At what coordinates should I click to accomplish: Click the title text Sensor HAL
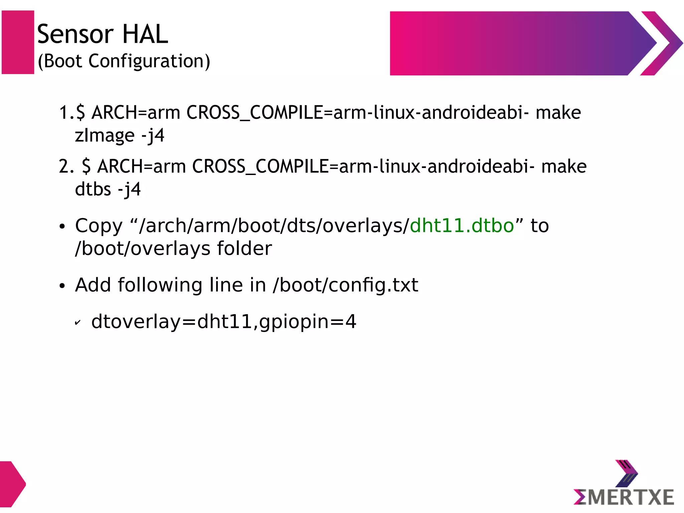coord(102,34)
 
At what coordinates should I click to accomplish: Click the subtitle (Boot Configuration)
coord(124,61)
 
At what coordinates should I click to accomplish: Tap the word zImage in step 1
coord(105,136)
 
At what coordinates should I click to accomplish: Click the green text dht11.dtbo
coord(462,226)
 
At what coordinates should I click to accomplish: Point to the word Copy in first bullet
coord(99,226)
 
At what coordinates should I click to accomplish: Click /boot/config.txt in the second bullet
coord(345,285)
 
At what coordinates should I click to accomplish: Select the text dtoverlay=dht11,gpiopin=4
coord(224,322)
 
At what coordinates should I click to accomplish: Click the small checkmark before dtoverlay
coord(77,323)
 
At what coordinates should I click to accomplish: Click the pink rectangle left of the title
coord(18,42)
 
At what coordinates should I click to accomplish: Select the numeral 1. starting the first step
coord(66,113)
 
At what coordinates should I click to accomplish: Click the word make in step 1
coord(558,113)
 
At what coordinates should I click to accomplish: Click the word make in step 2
coord(564,166)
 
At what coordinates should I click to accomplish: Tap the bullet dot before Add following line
coord(62,286)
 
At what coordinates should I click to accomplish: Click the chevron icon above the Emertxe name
coord(626,474)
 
